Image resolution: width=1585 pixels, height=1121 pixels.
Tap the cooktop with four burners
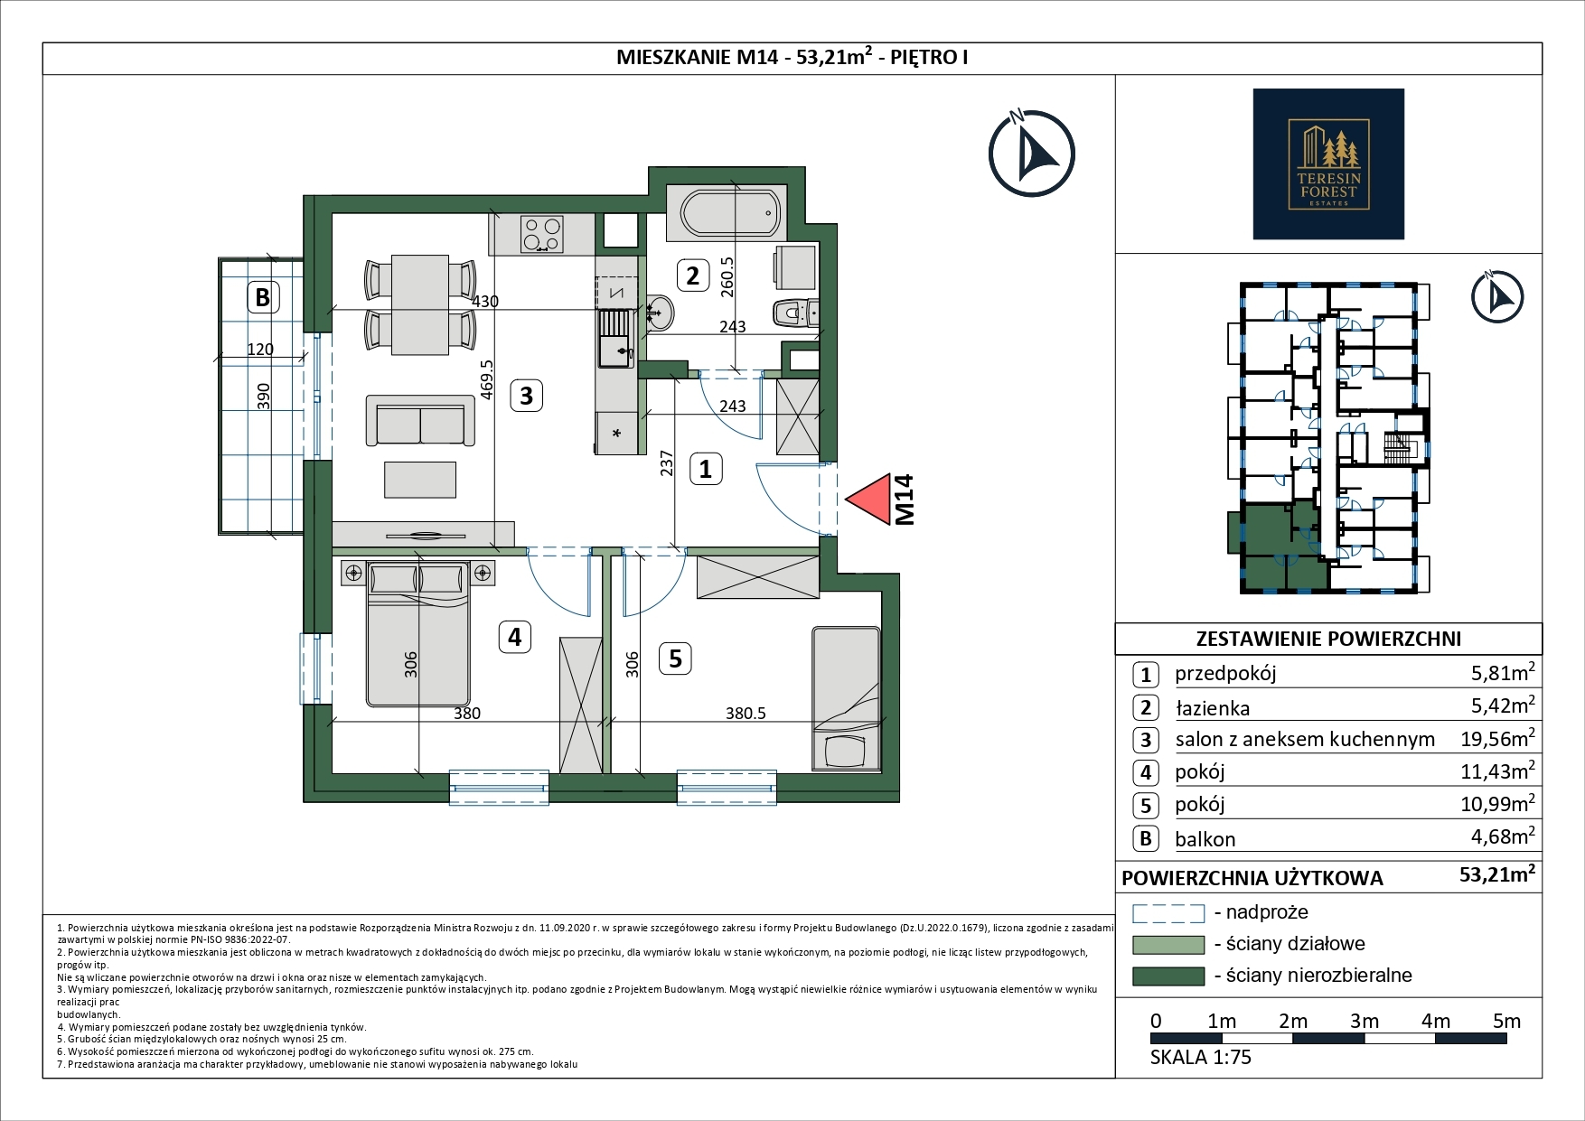click(541, 234)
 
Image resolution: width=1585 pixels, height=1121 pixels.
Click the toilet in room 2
click(794, 313)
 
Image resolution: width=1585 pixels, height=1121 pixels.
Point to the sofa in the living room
click(420, 420)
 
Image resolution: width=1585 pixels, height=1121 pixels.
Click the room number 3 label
click(526, 395)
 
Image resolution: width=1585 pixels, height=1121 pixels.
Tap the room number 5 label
click(675, 659)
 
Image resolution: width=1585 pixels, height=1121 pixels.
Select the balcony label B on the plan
click(262, 296)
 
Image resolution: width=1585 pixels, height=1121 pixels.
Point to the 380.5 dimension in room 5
click(746, 713)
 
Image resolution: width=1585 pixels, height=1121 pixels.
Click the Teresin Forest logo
click(1328, 163)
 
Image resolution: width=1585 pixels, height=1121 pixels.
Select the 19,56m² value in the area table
click(1497, 739)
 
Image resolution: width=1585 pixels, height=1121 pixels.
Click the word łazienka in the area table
click(1212, 708)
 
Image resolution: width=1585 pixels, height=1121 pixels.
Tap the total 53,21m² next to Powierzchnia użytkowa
click(1497, 875)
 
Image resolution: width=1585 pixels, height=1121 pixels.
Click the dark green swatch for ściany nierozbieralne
click(1168, 976)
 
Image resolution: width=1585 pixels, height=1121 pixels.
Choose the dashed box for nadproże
click(1168, 913)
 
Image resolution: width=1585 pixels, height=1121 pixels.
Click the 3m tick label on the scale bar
click(1364, 1021)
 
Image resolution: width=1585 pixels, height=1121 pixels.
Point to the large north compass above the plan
click(1031, 154)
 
